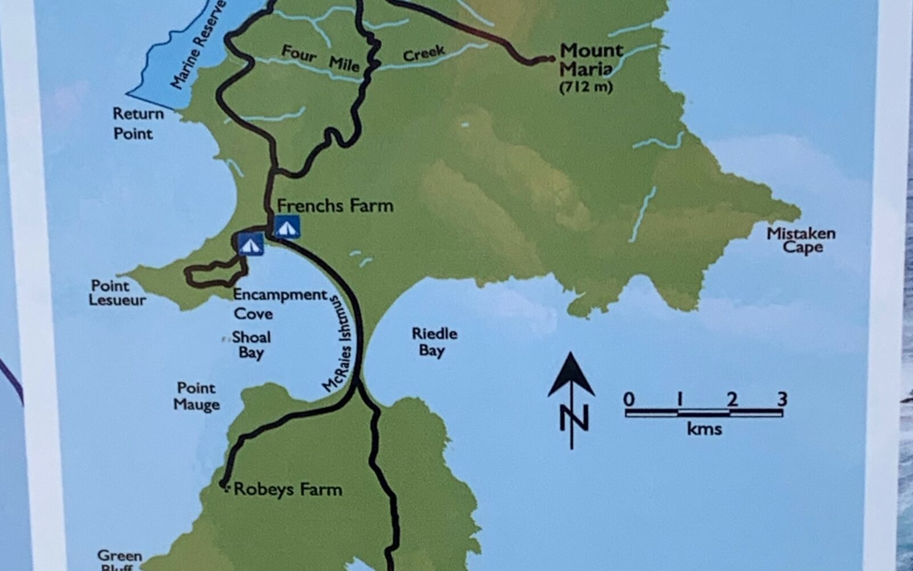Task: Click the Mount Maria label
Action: tap(590, 59)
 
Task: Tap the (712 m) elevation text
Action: tap(586, 87)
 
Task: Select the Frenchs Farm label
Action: tap(335, 206)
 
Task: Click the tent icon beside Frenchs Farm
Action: tap(287, 227)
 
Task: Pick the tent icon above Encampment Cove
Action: tap(251, 244)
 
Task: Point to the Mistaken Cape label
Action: tap(801, 240)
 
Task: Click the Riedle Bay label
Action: tap(434, 341)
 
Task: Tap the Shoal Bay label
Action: tap(251, 344)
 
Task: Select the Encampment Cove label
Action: tap(280, 304)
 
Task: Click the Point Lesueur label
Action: tap(117, 292)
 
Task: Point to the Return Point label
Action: tap(137, 123)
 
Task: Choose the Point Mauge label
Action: tap(196, 396)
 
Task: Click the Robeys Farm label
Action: tap(288, 489)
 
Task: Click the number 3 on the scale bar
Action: tap(782, 399)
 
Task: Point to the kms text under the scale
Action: tap(704, 429)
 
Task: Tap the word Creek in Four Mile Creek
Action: tap(423, 54)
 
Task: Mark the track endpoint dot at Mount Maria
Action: tap(551, 58)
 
